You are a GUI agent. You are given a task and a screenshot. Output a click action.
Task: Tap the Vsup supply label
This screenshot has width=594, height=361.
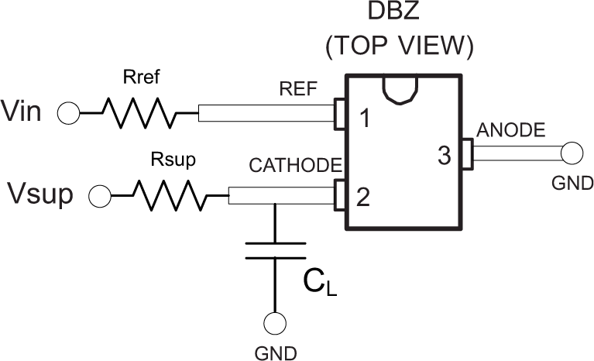pos(43,194)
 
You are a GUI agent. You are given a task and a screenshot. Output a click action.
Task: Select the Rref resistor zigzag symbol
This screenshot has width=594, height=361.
pos(138,113)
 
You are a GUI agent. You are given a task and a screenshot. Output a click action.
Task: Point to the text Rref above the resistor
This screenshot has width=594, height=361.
pos(140,77)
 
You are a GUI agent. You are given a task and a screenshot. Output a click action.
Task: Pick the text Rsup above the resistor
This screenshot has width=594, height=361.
pos(168,160)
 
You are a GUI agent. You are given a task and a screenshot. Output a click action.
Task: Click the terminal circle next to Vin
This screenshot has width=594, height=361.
pos(68,113)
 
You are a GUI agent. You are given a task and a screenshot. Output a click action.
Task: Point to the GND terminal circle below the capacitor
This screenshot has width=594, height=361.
pos(275,324)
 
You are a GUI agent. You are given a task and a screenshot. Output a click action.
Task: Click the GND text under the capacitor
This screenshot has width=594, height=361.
pos(275,353)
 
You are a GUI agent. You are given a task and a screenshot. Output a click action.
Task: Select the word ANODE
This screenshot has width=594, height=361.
pos(510,129)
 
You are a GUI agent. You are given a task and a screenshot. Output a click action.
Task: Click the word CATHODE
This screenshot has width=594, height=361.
pos(295,166)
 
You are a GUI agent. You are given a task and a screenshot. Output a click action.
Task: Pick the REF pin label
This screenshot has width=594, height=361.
pos(298,88)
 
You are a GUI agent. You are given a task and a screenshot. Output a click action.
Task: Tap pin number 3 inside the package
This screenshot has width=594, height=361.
pos(444,156)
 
